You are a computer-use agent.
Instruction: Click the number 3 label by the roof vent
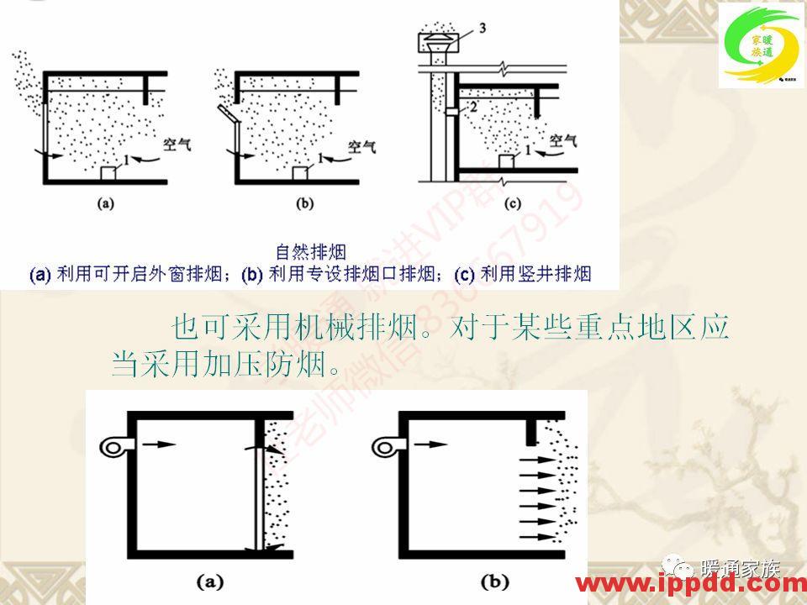click(483, 29)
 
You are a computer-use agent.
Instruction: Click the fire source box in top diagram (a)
click(108, 172)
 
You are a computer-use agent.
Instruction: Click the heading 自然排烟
click(310, 251)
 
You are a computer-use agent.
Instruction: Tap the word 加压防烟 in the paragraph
click(268, 364)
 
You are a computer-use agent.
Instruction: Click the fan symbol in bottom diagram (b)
click(386, 447)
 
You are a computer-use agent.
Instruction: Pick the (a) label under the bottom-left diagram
click(209, 579)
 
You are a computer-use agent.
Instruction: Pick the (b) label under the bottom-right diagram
click(492, 579)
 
